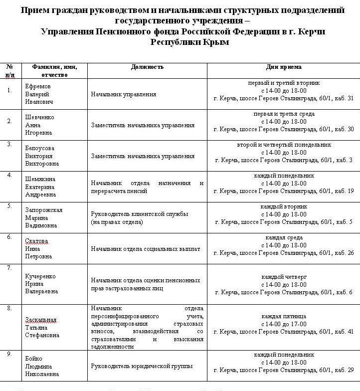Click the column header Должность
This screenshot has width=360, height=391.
point(147,67)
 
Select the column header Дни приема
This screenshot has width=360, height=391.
point(284,67)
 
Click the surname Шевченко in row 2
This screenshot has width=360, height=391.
point(40,117)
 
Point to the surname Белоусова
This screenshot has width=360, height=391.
point(40,148)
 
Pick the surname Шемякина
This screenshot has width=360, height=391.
point(39,179)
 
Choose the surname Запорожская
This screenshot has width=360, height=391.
point(44,210)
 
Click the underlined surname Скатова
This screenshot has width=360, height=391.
point(37,241)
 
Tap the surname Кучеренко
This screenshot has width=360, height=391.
point(40,276)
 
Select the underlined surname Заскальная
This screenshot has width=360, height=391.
point(41,320)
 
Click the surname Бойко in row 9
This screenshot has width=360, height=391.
point(34,359)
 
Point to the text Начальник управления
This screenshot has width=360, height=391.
point(117,94)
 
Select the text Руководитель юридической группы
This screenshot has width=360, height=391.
point(142,366)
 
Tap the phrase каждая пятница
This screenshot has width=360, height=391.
point(284,316)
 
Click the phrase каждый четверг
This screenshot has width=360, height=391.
point(284,276)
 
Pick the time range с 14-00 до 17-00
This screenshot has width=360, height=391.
point(284,324)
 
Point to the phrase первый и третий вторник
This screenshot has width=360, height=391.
point(284,83)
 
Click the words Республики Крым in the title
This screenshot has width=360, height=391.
point(189,43)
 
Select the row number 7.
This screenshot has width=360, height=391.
point(9,268)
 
